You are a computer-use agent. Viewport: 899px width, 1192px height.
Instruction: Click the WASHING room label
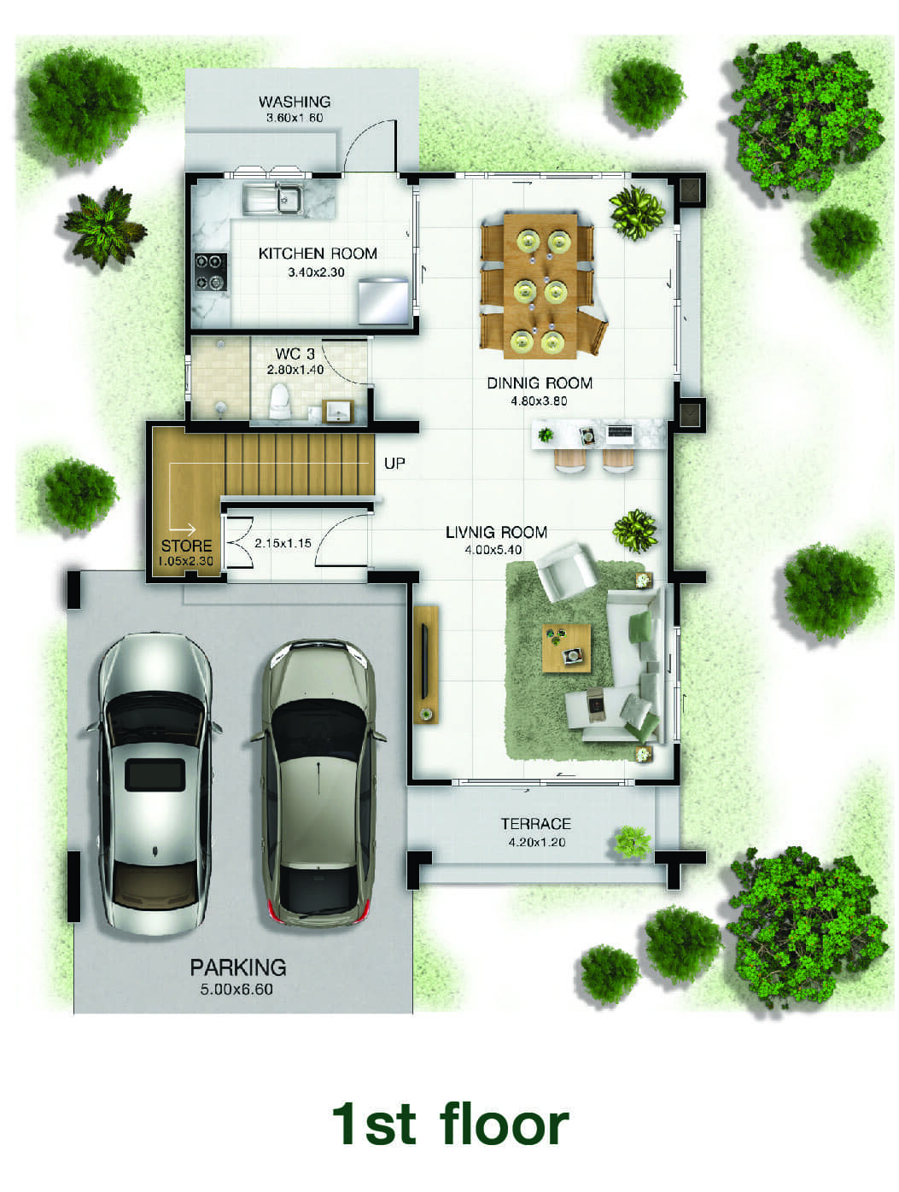(295, 102)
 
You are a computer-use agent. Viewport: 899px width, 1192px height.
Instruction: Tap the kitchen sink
(272, 199)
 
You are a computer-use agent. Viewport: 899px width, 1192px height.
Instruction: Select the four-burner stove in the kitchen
(211, 272)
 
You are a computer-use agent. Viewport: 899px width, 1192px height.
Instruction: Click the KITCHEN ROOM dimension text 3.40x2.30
(316, 272)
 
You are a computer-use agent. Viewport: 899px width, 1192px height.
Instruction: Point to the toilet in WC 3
(280, 400)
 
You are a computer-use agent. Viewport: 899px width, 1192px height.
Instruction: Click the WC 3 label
(295, 354)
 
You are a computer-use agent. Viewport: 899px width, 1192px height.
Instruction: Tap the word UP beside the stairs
(394, 464)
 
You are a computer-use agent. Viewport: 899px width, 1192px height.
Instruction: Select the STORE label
(186, 546)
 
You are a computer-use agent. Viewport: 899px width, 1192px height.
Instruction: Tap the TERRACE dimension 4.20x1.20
(536, 842)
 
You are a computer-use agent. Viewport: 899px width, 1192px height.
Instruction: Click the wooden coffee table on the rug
(566, 648)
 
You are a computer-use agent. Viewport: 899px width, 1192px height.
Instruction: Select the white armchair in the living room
(566, 570)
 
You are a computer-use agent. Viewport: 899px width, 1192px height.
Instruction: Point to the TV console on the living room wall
(426, 664)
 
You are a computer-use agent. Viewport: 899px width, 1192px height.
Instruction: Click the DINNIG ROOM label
(539, 383)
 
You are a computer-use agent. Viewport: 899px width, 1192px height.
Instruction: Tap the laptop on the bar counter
(620, 432)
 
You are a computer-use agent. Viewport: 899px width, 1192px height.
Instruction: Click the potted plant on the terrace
(633, 842)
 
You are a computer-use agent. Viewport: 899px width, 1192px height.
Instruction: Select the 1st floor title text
(449, 1124)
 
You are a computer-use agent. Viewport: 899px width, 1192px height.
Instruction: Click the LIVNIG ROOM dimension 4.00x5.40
(493, 550)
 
